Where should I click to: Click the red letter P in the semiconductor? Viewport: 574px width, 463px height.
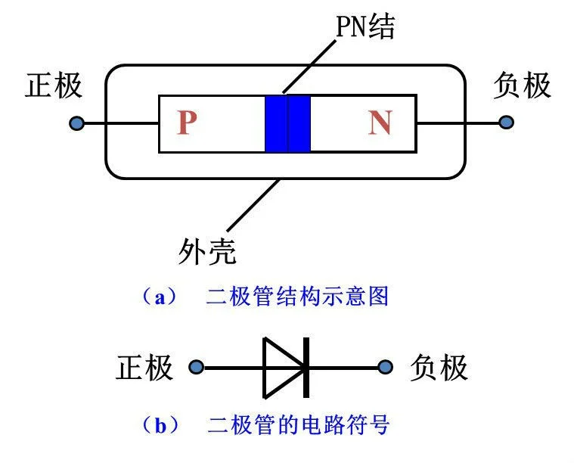tap(187, 123)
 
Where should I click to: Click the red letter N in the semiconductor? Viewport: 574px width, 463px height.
tap(380, 123)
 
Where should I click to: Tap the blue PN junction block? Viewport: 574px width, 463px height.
tap(287, 123)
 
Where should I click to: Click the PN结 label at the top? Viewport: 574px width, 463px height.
tap(366, 27)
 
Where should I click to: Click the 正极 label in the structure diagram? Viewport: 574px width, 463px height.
tap(54, 85)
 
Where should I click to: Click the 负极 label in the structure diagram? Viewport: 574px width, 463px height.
tap(522, 85)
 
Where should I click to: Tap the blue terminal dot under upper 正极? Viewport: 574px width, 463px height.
tap(76, 123)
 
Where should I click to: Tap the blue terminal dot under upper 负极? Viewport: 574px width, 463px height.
tap(506, 123)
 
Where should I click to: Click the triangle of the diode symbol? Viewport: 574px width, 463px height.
tap(281, 368)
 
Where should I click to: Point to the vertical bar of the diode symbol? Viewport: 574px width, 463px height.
tap(306, 368)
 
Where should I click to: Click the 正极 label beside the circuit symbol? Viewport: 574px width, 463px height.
tap(145, 368)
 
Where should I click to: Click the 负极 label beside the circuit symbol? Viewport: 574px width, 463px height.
tap(439, 368)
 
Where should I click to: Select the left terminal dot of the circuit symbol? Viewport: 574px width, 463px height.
tap(196, 368)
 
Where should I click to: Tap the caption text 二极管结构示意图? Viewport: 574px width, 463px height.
tap(297, 297)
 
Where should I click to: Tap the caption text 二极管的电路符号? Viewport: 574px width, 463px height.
tap(298, 425)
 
